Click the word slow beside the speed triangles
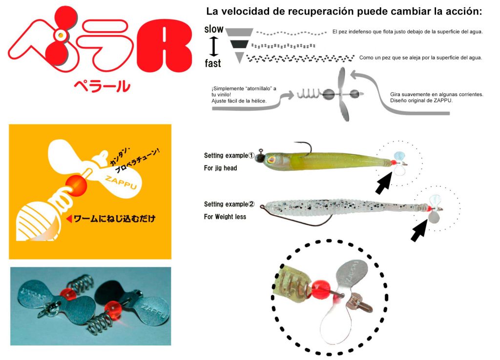(214, 29)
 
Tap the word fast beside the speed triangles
(213, 63)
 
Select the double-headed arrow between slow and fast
(213, 46)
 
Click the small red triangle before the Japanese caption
(69, 219)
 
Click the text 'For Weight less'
(225, 217)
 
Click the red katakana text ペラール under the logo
(102, 86)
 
